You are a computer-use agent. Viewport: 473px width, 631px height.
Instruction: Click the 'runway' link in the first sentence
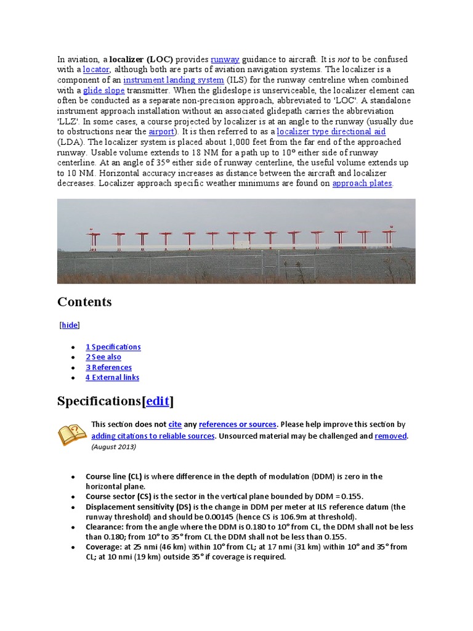coord(225,59)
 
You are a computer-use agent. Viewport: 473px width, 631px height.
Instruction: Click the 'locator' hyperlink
coord(95,70)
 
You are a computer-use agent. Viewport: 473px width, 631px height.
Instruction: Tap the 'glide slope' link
coord(103,91)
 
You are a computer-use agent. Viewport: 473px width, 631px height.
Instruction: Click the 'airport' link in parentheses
coord(161,132)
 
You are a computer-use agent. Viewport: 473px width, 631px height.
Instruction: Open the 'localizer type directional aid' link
coord(331,132)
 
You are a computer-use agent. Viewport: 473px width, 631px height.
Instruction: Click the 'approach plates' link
coord(362,184)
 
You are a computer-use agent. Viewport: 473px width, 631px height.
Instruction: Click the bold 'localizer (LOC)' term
coord(141,59)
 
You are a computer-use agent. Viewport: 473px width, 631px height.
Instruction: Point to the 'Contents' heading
coord(84,302)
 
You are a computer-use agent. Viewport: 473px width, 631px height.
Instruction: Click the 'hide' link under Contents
coord(70,325)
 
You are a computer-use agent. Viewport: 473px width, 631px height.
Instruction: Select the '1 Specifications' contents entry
coord(113,347)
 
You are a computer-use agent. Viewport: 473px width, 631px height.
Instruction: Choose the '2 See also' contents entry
coord(103,357)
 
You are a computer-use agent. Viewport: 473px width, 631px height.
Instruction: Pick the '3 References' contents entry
coord(108,367)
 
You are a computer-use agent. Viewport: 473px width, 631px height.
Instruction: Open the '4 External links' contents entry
coord(112,377)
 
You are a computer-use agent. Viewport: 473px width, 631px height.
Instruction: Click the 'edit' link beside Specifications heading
coord(158,402)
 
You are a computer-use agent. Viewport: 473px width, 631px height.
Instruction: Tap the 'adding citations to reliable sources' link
coord(153,436)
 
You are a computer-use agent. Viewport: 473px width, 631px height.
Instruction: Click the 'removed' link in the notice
coord(390,436)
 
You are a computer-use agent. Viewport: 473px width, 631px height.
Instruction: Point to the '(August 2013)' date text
coord(113,447)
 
